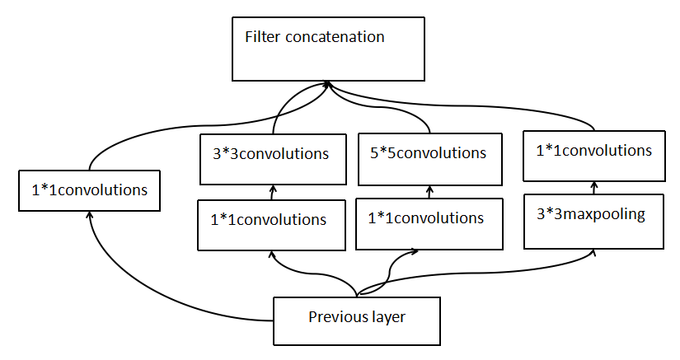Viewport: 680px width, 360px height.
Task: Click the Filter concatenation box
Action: pyautogui.click(x=328, y=49)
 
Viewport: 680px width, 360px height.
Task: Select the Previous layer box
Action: pyautogui.click(x=357, y=321)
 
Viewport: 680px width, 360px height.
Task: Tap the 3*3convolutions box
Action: pyautogui.click(x=273, y=160)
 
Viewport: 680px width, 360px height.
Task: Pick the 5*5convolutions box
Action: pyautogui.click(x=430, y=160)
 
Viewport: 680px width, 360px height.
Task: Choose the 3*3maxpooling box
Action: pyautogui.click(x=593, y=222)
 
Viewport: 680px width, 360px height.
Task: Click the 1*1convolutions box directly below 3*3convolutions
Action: pyautogui.click(x=271, y=225)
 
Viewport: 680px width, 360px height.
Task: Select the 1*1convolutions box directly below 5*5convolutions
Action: pyautogui.click(x=429, y=224)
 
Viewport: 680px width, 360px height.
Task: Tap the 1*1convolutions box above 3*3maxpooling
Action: pyautogui.click(x=594, y=156)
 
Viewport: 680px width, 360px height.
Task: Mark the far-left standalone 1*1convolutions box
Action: pyautogui.click(x=89, y=190)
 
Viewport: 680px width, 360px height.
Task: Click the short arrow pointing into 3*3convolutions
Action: pyautogui.click(x=273, y=192)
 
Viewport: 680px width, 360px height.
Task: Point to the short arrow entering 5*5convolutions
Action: pyautogui.click(x=429, y=192)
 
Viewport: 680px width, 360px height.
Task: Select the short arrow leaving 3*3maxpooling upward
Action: pyautogui.click(x=594, y=188)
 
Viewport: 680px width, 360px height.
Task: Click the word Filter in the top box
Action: pyautogui.click(x=262, y=37)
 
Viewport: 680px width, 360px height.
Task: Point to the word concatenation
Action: pyautogui.click(x=335, y=37)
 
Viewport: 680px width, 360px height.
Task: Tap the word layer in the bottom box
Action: pyautogui.click(x=388, y=317)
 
